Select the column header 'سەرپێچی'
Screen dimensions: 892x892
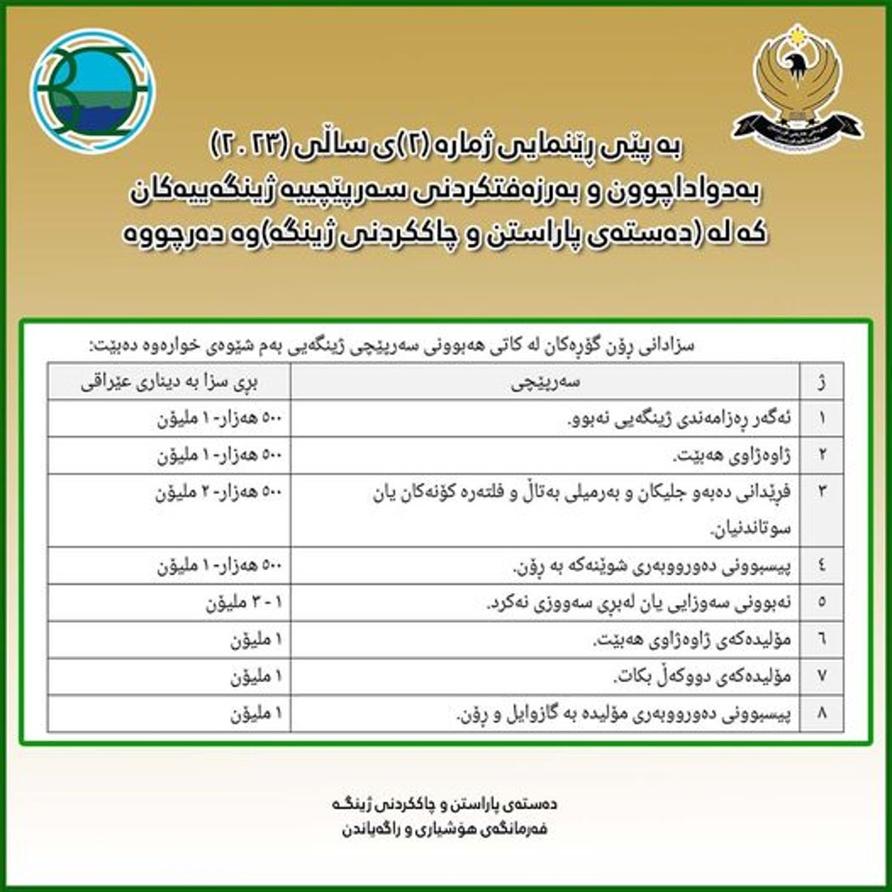click(x=546, y=381)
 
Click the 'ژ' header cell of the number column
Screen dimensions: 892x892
click(x=822, y=381)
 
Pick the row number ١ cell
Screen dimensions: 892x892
click(x=822, y=418)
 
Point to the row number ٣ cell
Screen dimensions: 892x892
click(x=822, y=493)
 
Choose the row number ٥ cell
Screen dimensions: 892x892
click(x=822, y=603)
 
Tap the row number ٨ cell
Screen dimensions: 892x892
click(x=822, y=714)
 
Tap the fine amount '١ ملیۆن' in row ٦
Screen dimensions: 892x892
click(x=255, y=640)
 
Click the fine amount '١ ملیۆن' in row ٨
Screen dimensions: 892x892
click(x=255, y=714)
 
